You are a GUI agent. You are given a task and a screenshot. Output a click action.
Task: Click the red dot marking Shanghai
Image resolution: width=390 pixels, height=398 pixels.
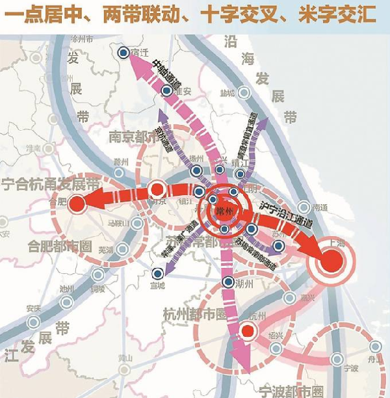coord(331,261)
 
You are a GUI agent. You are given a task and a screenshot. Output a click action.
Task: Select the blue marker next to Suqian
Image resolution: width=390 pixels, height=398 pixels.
coord(123,54)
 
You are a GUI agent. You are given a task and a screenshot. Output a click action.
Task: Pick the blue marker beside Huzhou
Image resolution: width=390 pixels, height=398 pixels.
coord(227,282)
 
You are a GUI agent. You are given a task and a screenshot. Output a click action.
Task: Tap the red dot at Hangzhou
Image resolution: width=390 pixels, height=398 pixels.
coord(246,332)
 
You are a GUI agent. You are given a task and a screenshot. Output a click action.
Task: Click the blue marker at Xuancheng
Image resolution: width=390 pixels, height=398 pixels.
coord(157,273)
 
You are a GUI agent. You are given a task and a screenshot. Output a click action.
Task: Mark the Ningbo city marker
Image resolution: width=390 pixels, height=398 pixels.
coord(337,359)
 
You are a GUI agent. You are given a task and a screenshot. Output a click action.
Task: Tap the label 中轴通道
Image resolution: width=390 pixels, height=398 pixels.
coord(161,74)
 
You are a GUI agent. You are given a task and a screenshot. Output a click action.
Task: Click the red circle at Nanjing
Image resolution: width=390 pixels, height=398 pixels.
coord(156,190)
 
